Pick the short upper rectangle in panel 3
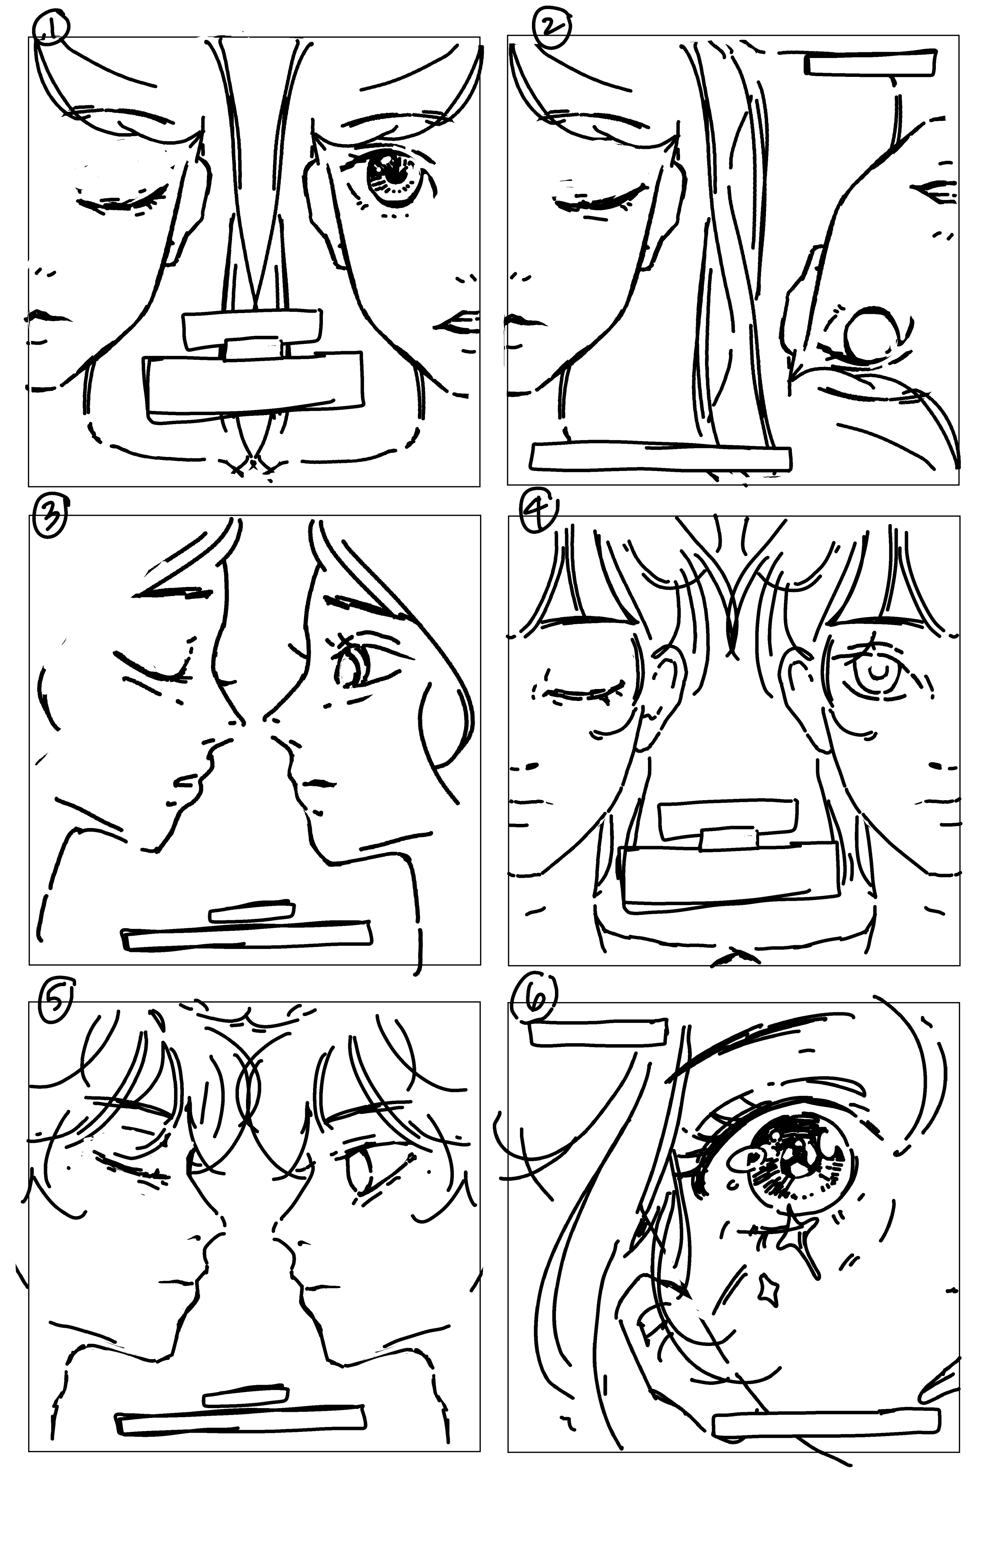[252, 912]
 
